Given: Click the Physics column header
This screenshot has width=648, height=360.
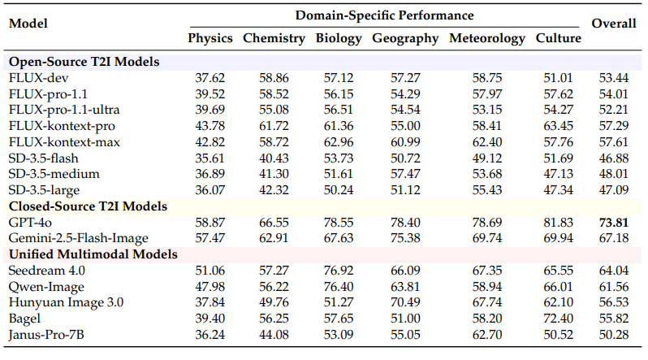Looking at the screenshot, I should [210, 38].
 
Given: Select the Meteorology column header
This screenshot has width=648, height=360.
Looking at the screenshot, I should [487, 38].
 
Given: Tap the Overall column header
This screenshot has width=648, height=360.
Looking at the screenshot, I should [613, 24].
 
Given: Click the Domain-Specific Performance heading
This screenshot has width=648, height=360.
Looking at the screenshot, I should [384, 15].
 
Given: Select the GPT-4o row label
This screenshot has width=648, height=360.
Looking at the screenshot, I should [30, 222].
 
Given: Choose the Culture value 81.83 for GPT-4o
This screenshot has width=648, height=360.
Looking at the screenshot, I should [559, 222].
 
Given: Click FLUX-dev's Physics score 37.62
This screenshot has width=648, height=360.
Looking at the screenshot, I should [210, 78].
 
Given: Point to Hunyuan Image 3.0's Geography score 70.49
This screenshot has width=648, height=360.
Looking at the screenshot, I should [405, 301].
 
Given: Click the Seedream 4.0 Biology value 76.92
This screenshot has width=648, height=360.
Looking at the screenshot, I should [339, 271].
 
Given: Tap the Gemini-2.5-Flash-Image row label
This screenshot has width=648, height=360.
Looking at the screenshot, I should [79, 237].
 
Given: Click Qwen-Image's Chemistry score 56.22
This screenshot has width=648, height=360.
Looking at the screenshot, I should [274, 286].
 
